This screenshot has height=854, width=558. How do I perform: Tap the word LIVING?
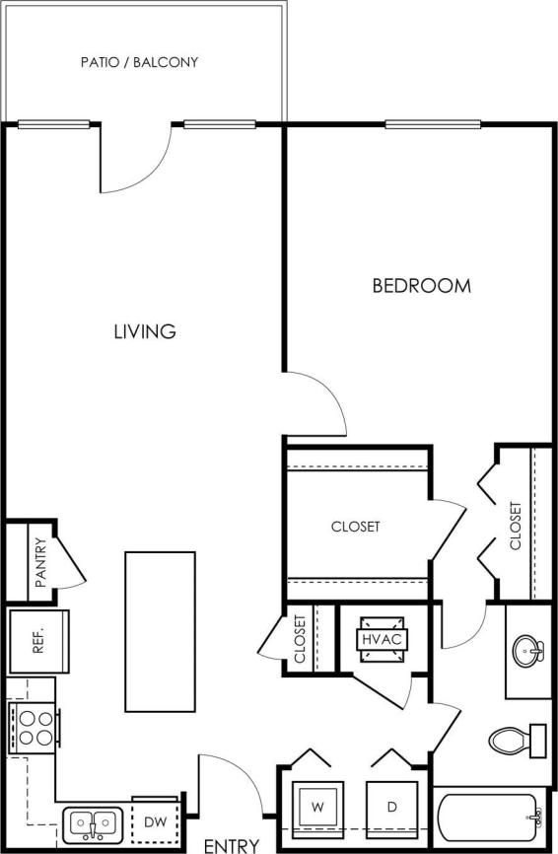144,331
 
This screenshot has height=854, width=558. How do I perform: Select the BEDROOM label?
421,286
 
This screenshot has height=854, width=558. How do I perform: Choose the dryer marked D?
391,807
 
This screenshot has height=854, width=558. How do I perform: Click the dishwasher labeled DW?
156,820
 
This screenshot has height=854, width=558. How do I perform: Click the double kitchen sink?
94,822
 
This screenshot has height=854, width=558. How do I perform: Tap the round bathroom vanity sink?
528,651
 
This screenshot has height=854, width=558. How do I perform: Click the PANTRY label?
40,562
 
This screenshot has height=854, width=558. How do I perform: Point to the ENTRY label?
232,845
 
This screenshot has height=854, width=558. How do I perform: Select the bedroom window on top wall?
433,124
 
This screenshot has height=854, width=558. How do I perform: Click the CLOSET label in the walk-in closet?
356,527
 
